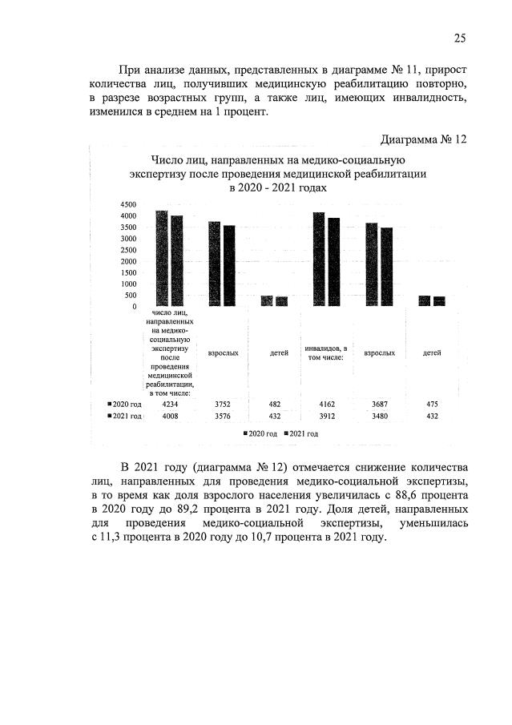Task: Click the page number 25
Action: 460,38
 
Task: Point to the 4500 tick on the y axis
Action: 128,203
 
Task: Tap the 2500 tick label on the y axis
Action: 128,249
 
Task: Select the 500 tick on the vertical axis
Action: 130,295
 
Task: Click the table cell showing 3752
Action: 222,405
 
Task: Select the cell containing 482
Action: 275,405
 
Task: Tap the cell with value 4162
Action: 327,405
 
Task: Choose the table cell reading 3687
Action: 379,405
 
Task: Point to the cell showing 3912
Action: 327,417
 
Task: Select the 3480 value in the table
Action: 379,417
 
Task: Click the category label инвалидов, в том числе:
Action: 327,352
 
